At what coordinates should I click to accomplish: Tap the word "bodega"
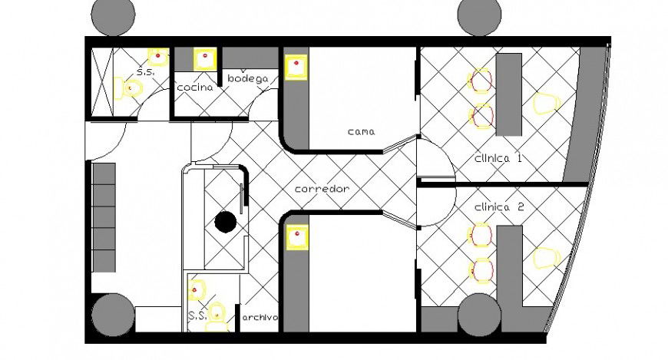[247, 78]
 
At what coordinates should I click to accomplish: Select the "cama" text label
[360, 131]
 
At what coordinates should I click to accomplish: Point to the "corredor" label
[322, 189]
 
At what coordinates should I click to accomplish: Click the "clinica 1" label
[498, 159]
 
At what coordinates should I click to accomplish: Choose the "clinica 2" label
[500, 207]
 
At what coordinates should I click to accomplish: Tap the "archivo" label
[260, 317]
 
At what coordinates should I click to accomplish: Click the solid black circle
[225, 222]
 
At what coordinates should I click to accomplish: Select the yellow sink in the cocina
[204, 59]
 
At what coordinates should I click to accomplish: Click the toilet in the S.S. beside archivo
[219, 315]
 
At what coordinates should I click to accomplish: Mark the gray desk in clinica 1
[508, 94]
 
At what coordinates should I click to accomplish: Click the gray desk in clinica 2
[509, 265]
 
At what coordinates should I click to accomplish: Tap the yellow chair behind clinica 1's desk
[544, 103]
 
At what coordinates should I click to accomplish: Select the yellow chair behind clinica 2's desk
[544, 258]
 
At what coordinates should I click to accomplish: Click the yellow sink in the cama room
[296, 67]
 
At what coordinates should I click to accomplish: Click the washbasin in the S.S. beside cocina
[158, 56]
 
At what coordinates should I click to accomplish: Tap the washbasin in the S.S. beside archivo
[197, 290]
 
